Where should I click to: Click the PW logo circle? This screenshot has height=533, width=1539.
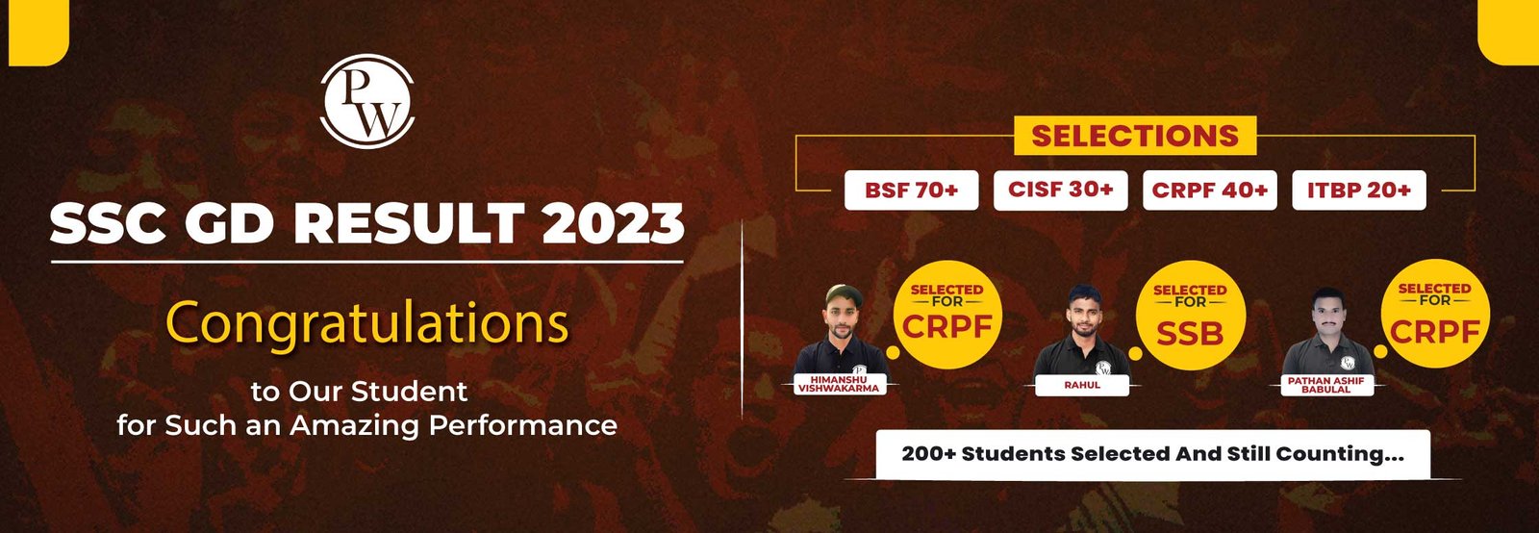pyautogui.click(x=367, y=101)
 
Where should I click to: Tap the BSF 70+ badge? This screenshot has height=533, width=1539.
pyautogui.click(x=911, y=190)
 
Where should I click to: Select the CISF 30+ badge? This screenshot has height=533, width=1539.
pyautogui.click(x=1060, y=190)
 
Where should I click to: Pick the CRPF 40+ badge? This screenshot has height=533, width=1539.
pyautogui.click(x=1209, y=190)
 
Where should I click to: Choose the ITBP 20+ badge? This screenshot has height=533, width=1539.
pyautogui.click(x=1359, y=190)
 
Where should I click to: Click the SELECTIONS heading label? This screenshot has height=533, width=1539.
pyautogui.click(x=1135, y=136)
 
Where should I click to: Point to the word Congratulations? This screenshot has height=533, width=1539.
pyautogui.click(x=366, y=324)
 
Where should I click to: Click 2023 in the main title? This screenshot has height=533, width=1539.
pyautogui.click(x=613, y=223)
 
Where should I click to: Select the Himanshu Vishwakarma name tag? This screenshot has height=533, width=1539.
pyautogui.click(x=839, y=384)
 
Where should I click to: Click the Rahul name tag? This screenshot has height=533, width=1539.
pyautogui.click(x=1082, y=386)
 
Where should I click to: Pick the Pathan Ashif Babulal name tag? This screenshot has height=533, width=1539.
pyautogui.click(x=1326, y=385)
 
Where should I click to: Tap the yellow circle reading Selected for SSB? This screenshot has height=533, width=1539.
pyautogui.click(x=1190, y=316)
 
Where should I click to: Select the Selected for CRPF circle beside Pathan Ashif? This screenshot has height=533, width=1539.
pyautogui.click(x=1435, y=314)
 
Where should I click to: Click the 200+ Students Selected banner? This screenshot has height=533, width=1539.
pyautogui.click(x=1153, y=454)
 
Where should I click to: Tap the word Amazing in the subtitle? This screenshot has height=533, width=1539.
pyautogui.click(x=355, y=426)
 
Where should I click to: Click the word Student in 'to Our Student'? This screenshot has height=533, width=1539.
pyautogui.click(x=410, y=392)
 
